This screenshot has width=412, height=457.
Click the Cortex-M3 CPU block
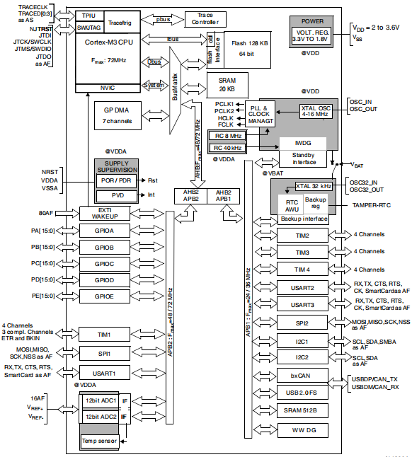point(108,58)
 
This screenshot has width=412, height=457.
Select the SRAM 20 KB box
point(227,85)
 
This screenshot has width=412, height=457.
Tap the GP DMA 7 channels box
point(118,115)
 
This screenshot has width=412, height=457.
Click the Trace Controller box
point(205,19)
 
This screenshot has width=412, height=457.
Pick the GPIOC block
point(105,264)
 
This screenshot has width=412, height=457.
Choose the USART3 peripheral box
point(302,305)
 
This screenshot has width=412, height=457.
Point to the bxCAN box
point(302,376)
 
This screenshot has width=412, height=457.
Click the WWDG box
point(303,430)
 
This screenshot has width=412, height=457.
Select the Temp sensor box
point(99,441)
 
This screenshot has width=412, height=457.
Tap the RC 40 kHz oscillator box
point(228,148)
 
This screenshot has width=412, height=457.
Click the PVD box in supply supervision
point(117,195)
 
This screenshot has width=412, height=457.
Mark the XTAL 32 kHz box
point(314,186)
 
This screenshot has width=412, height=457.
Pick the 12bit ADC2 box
point(101,417)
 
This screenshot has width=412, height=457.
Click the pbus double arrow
point(163,20)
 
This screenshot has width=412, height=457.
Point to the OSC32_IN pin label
point(363,183)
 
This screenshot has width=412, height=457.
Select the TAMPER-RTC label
point(372,205)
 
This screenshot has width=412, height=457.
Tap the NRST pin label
point(50,172)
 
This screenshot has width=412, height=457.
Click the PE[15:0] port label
point(43,296)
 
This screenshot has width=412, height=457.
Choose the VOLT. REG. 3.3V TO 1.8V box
point(311,36)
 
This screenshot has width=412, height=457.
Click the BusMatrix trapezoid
point(176,91)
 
